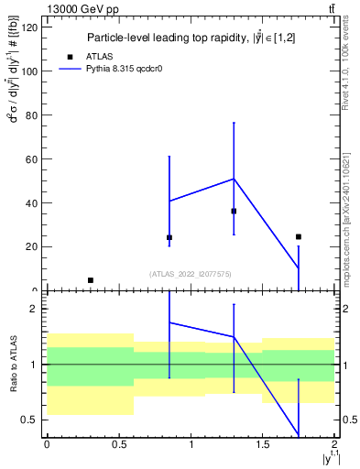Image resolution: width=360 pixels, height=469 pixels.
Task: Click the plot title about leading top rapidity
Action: pos(178,38)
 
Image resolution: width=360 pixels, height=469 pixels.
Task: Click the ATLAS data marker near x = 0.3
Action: pos(90,280)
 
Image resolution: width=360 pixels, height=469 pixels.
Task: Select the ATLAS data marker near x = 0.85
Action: pos(169,237)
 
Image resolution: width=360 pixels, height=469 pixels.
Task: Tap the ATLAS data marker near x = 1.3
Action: pos(234,211)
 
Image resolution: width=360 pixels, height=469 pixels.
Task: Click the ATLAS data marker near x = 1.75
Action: pos(299,236)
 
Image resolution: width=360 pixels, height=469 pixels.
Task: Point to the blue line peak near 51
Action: pos(234,179)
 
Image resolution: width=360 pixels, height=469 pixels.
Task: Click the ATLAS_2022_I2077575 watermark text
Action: pos(191,273)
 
